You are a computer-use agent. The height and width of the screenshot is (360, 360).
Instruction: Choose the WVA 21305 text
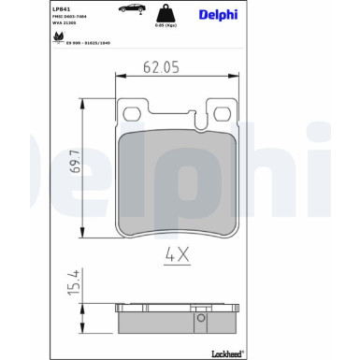(67, 27)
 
